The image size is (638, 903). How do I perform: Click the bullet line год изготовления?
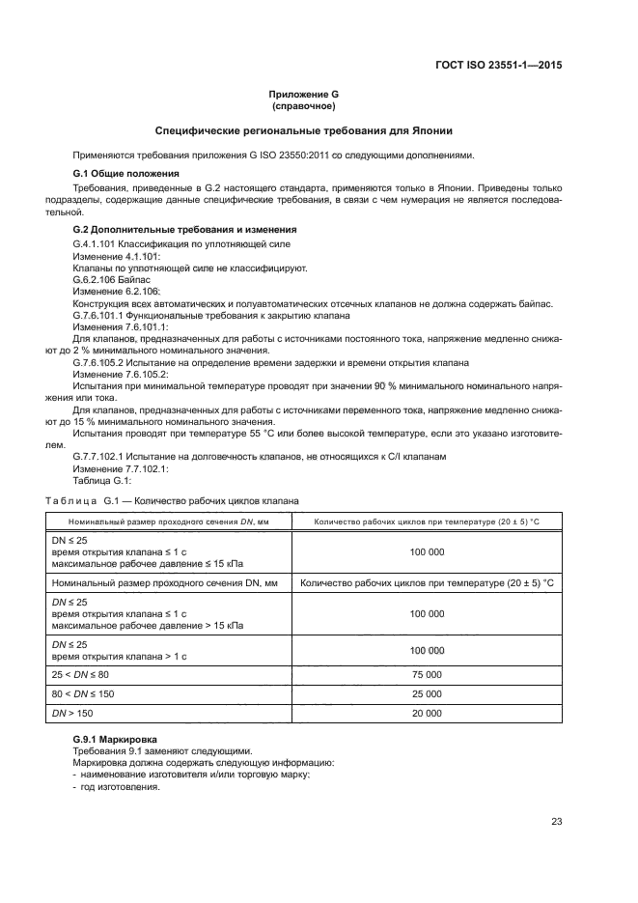point(119,787)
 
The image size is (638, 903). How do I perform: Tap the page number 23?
point(556,822)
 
